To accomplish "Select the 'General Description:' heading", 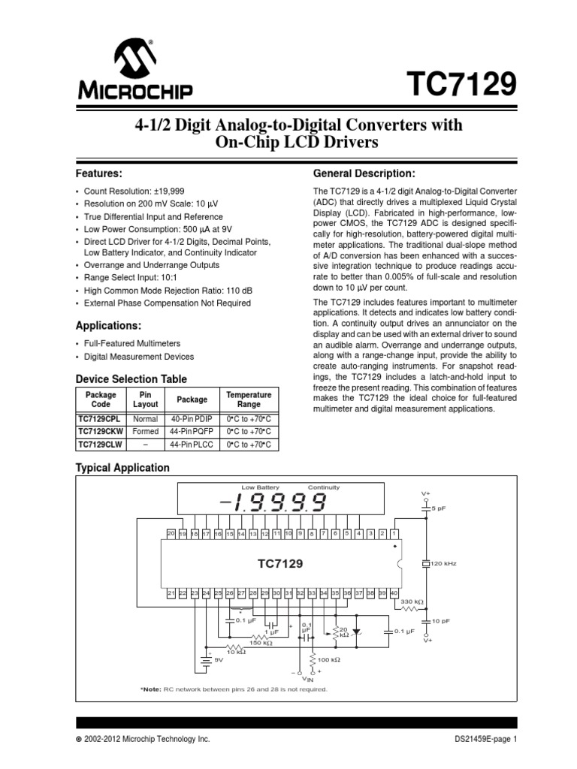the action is (364, 173).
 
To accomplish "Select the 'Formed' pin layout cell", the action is (146, 431).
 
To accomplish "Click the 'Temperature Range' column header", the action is (249, 399).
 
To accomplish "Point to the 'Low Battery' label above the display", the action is (260, 487).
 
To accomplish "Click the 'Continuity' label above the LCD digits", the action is (324, 487).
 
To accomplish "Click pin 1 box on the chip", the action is (394, 534).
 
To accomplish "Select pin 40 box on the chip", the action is (394, 593).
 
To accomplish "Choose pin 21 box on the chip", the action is (172, 593).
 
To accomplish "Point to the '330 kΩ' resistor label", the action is (412, 602).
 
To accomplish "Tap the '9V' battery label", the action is (220, 661).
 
